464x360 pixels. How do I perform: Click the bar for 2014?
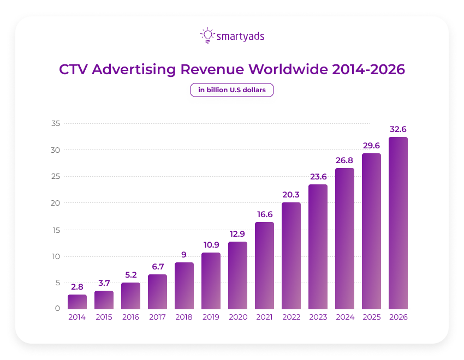pos(77,302)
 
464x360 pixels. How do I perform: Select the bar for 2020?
pos(237,275)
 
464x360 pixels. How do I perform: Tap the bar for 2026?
pos(398,223)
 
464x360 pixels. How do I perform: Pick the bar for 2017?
pos(157,292)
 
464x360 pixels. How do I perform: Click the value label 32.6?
pos(398,129)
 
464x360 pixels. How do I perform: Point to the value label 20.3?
pos(291,195)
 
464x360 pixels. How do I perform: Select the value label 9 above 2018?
pos(184,255)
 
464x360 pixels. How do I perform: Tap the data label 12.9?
pos(237,234)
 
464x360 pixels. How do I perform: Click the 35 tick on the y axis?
pos(55,124)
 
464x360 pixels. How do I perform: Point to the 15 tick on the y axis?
pos(55,230)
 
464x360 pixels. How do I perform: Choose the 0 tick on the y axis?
pos(57,309)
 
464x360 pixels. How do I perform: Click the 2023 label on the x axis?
pos(318,317)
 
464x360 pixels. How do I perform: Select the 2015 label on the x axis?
pos(104,317)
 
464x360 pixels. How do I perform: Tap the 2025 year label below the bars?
pos(371,317)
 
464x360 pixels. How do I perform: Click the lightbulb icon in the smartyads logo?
pos(207,35)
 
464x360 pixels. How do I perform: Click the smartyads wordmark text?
pos(241,37)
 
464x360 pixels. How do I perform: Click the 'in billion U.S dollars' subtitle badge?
pos(231,90)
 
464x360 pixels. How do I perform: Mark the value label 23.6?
pos(318,177)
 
